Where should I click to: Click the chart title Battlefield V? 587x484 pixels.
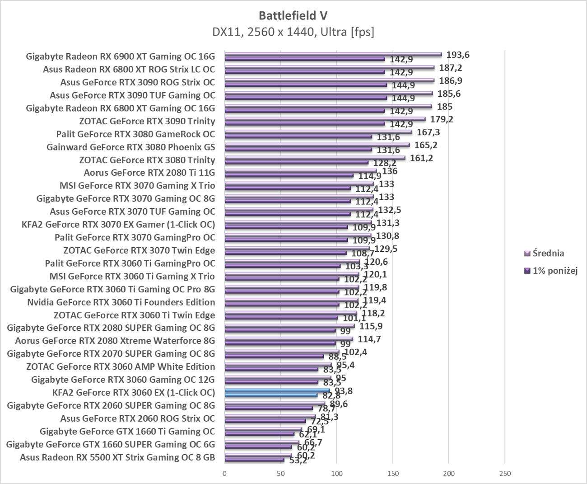point(293,15)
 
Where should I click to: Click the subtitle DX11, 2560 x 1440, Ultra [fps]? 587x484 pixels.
point(293,32)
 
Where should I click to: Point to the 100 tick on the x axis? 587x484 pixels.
point(336,474)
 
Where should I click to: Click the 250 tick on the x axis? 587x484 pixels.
point(505,474)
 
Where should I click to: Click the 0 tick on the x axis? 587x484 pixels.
point(224,474)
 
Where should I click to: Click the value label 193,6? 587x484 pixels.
point(458,55)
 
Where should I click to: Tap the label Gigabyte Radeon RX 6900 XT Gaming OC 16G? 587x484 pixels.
point(121,56)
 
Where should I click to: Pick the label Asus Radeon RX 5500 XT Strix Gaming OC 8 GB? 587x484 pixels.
point(117,457)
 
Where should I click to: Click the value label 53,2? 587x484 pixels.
point(298,461)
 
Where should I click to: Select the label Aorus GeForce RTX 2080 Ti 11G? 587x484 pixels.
point(149,173)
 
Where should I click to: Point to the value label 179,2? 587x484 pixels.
point(442,119)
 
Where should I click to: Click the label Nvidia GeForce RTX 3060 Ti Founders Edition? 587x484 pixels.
point(121,302)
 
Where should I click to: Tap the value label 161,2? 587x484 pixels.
point(421,158)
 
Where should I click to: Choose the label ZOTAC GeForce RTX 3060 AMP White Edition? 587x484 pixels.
point(121,367)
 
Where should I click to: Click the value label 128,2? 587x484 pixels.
point(385,163)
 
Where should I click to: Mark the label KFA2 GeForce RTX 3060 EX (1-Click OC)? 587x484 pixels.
point(134,392)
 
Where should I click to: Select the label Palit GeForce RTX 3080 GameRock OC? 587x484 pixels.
point(135,134)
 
